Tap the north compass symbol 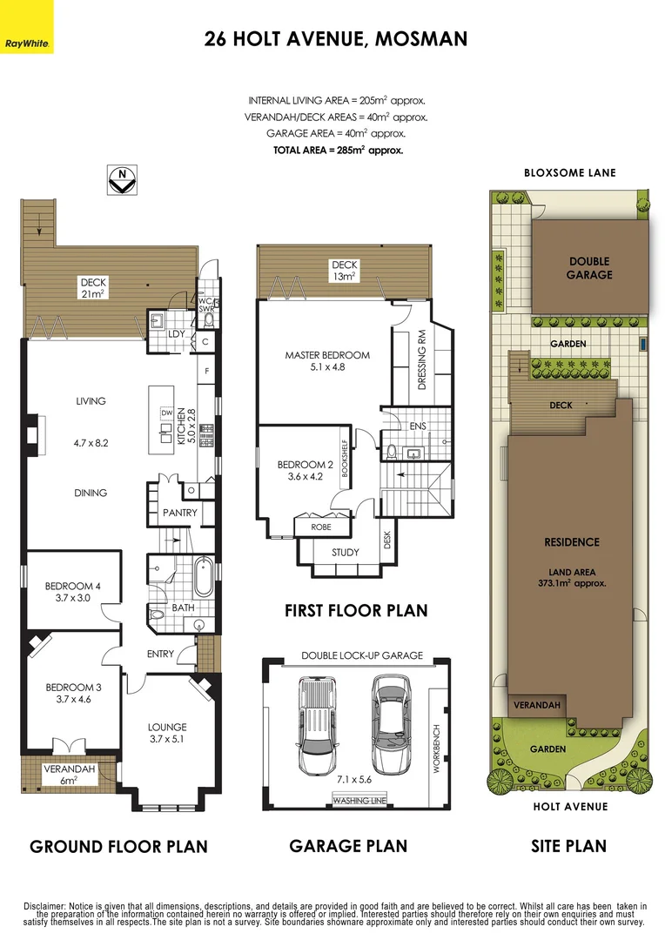point(123,178)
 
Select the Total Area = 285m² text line point(338,151)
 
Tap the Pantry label point(180,514)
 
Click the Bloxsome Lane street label point(569,173)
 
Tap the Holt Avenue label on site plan point(570,807)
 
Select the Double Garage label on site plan point(589,268)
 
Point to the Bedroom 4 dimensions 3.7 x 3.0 point(73,599)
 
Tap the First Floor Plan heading point(356,611)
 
